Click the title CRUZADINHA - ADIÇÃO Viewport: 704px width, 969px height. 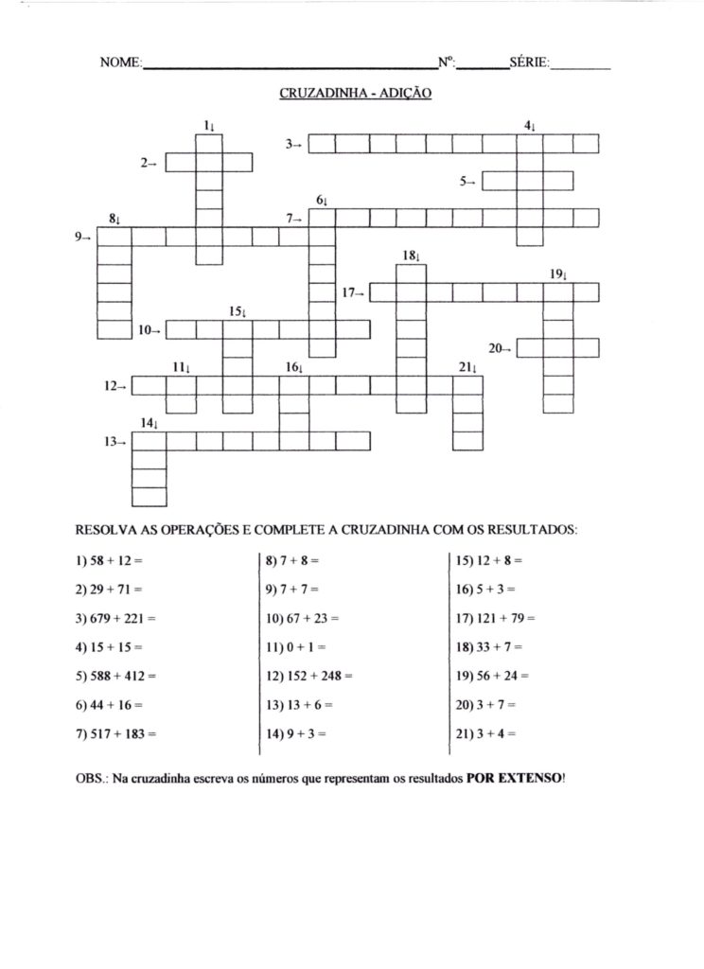coord(356,94)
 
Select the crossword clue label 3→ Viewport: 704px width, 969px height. coord(294,144)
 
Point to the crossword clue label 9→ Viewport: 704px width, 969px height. coord(82,237)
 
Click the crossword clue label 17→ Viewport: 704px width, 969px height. coord(354,293)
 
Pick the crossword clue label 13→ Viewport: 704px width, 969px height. coord(115,441)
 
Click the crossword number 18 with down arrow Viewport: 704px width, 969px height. coord(410,255)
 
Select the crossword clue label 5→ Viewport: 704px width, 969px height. coord(467,182)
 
